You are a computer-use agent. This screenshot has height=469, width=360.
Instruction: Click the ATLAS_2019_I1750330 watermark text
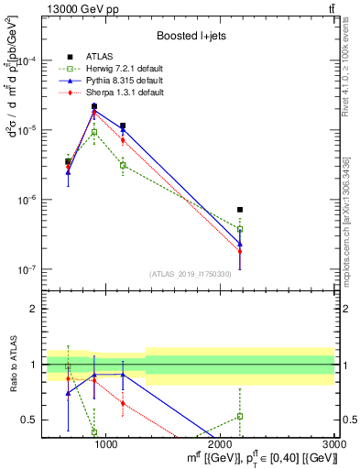[189, 274]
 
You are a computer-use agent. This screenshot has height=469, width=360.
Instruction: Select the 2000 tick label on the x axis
[221, 443]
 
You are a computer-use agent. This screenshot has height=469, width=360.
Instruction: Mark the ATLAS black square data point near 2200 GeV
[240, 210]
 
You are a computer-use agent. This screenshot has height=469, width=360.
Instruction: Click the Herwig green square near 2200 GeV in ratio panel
[240, 416]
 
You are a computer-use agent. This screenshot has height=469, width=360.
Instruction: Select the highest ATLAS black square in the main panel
[94, 106]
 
